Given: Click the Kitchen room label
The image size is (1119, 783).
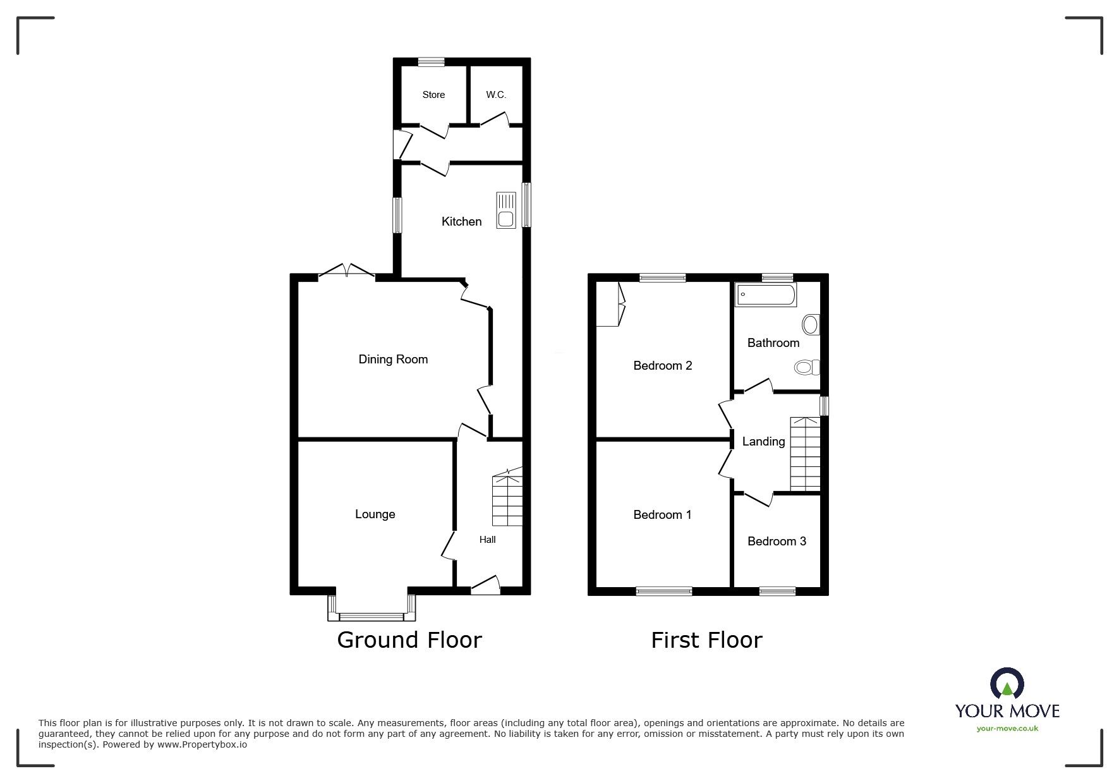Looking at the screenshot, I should tap(461, 221).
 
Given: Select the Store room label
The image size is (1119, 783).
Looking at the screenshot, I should tap(433, 95).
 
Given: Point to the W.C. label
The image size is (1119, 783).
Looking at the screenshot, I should tap(496, 95).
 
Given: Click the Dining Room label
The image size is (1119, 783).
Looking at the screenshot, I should tap(393, 359).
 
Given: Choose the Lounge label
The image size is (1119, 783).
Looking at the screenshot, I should tap(375, 514).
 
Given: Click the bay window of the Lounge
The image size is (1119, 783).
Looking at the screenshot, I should tap(372, 614).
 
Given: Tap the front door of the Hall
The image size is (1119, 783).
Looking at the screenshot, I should tap(485, 586).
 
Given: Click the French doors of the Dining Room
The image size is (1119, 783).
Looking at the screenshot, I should tap(347, 272).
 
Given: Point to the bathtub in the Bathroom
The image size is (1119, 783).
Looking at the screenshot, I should tap(766, 294).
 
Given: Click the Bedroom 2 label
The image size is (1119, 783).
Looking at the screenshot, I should tap(662, 365).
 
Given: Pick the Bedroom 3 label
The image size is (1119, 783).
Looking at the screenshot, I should tap(777, 541).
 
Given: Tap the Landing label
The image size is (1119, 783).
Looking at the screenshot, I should tap(763, 441).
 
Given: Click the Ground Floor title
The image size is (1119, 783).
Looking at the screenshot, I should tap(409, 640).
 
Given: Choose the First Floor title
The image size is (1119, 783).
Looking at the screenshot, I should tap(706, 640).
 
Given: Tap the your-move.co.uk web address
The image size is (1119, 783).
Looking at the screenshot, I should tap(1007, 728).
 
